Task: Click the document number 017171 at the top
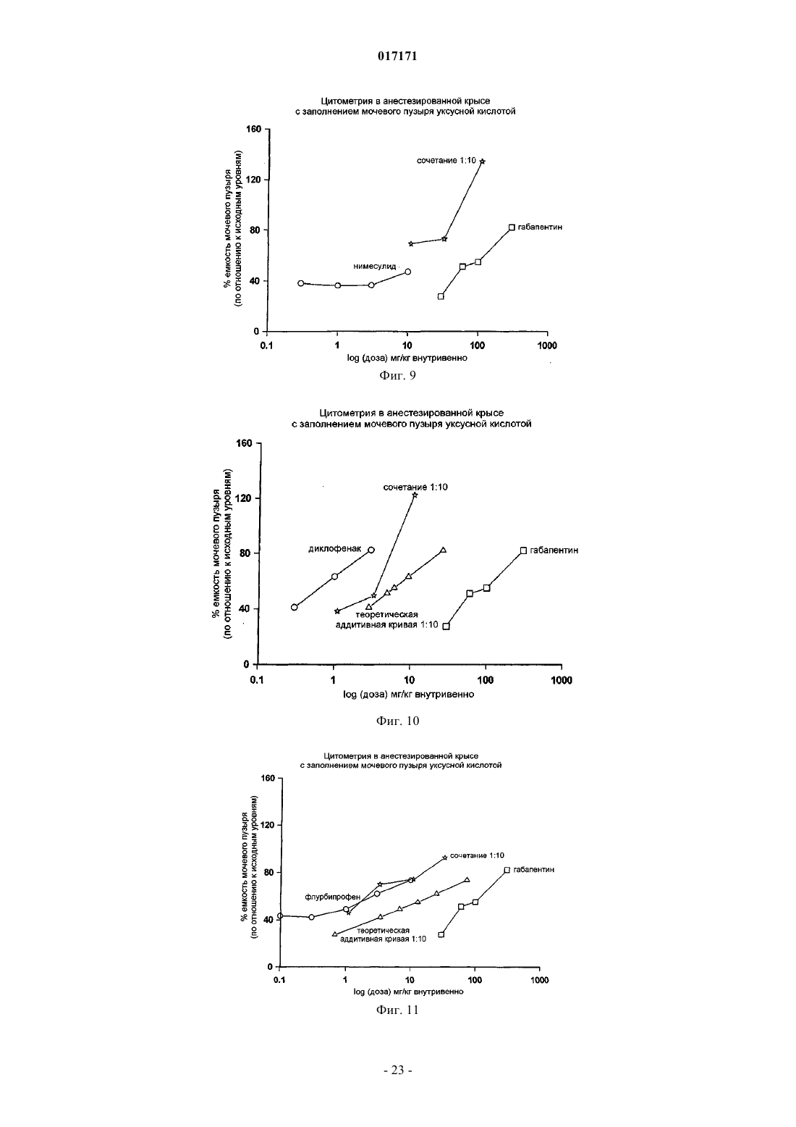point(397,56)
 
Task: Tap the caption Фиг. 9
point(397,375)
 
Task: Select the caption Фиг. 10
point(397,721)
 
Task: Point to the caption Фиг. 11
point(397,1010)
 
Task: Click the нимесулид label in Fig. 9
point(375,266)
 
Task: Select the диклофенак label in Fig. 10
point(334,549)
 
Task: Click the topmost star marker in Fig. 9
point(483,162)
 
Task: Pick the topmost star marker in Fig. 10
point(415,495)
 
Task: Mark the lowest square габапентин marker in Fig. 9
point(441,296)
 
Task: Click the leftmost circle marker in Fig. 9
point(300,283)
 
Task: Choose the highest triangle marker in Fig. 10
point(443,550)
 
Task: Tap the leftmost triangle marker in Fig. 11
point(334,934)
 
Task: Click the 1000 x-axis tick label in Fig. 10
point(562,680)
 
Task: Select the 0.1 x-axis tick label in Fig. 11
point(279,979)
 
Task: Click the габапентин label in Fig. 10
point(554,550)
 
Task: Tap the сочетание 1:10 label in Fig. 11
point(477,855)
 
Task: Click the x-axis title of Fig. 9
point(407,359)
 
